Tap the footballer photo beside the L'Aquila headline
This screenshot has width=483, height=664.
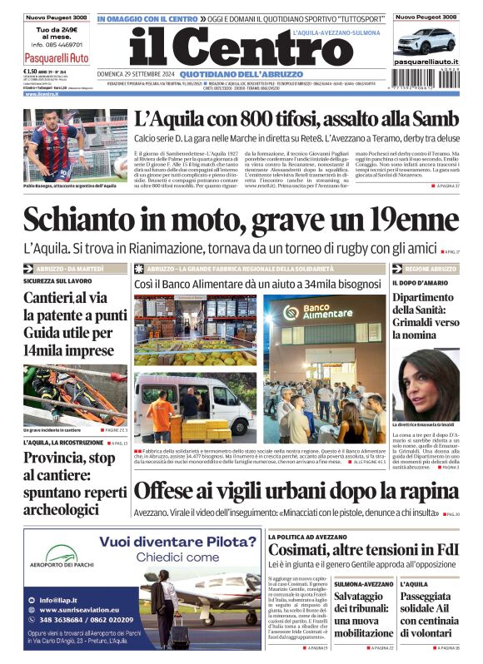tap(52, 145)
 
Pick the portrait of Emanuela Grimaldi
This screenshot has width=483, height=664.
tap(426, 384)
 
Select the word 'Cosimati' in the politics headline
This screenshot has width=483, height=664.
tap(303, 550)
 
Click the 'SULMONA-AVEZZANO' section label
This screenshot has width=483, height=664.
tap(363, 584)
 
